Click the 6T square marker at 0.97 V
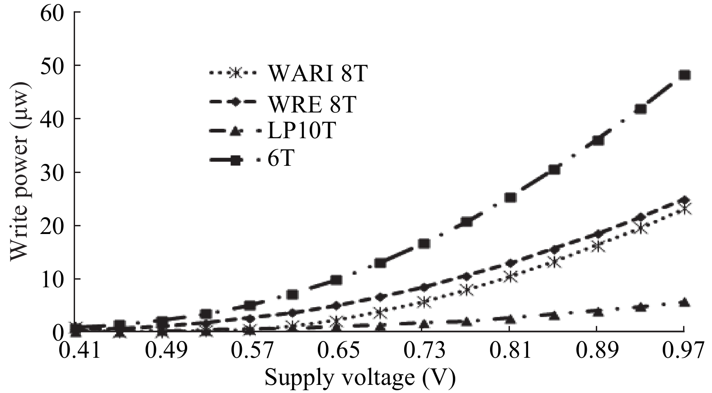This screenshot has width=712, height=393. point(684,75)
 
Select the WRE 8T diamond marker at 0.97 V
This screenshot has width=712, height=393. point(684,200)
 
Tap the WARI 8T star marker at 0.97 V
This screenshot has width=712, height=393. point(684,209)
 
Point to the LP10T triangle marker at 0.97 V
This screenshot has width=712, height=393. point(684,303)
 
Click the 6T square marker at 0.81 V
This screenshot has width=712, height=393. point(510,197)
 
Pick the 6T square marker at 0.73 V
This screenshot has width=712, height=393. point(424,243)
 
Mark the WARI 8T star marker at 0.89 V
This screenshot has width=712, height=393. point(598,247)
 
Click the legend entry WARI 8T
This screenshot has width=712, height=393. point(317,74)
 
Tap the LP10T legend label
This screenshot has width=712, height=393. point(302,131)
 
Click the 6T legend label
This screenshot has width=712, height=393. point(281,159)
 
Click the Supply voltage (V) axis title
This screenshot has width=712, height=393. point(360,377)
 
